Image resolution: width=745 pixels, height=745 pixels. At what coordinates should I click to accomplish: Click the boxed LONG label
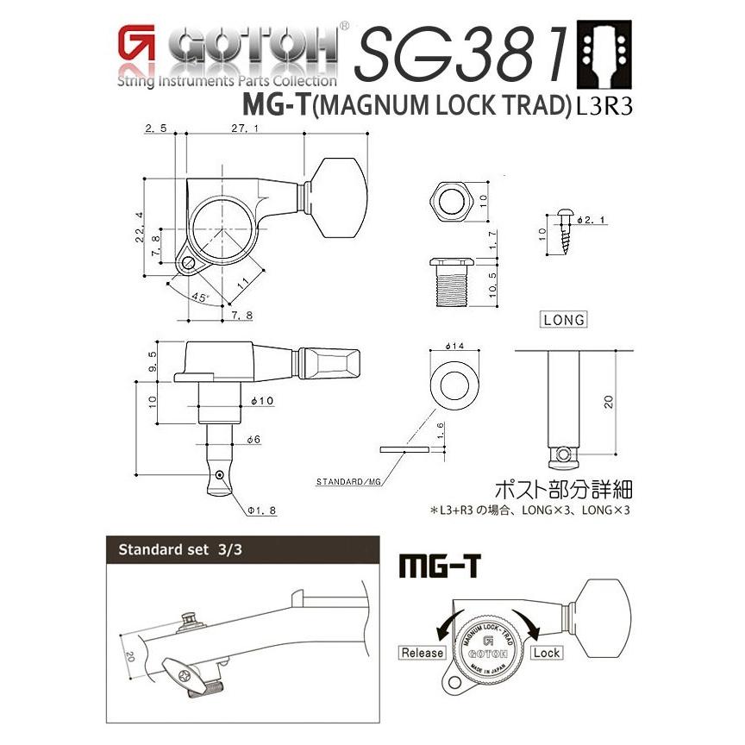pyautogui.click(x=564, y=320)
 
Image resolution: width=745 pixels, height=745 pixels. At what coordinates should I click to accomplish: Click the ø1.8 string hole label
pyautogui.click(x=261, y=510)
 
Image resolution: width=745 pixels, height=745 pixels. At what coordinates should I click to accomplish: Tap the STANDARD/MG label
pyautogui.click(x=348, y=480)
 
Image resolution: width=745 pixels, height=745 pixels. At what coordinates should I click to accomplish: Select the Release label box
pyautogui.click(x=422, y=653)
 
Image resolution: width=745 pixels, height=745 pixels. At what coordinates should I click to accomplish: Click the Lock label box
pyautogui.click(x=546, y=653)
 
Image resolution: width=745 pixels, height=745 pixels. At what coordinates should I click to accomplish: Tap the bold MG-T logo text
pyautogui.click(x=440, y=566)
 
